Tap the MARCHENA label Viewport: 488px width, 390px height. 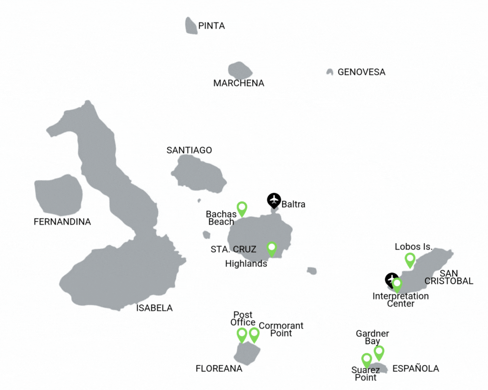tap(239, 83)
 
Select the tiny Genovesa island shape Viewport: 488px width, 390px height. tap(329, 72)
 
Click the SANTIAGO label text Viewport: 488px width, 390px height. tap(189, 150)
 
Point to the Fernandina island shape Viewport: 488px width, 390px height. tap(58, 195)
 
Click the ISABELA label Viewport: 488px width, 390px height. tap(154, 308)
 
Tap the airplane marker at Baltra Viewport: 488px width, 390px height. tap(274, 200)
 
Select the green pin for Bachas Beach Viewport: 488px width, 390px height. tap(242, 208)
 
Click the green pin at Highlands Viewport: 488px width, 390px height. tap(272, 248)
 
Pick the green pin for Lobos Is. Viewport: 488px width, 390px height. tap(410, 260)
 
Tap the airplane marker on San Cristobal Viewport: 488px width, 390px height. tap(391, 279)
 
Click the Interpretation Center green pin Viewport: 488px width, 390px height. tap(397, 284)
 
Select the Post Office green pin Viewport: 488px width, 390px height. tap(242, 334)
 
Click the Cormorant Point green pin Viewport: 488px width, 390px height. tap(254, 334)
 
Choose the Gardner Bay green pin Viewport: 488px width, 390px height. tap(379, 352)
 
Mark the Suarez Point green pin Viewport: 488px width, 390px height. tap(366, 360)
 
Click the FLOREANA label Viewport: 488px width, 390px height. tap(219, 369)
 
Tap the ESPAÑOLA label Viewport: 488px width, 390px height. tap(416, 369)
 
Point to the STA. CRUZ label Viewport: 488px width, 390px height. tap(234, 249)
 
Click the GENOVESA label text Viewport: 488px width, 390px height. tap(361, 72)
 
